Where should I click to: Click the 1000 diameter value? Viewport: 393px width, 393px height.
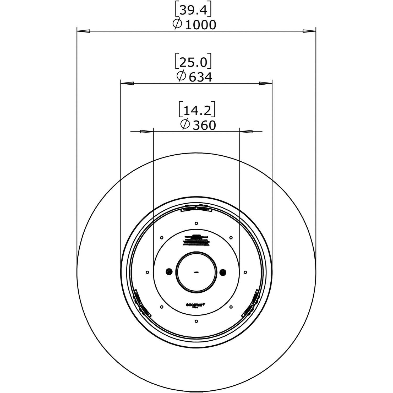pyautogui.click(x=200, y=25)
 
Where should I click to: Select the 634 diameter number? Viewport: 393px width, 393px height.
pyautogui.click(x=200, y=77)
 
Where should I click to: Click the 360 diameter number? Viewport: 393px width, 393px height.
pyautogui.click(x=204, y=125)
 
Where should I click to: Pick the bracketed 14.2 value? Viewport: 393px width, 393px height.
pyautogui.click(x=197, y=111)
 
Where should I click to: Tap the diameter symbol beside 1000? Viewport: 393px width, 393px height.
pyautogui.click(x=177, y=24)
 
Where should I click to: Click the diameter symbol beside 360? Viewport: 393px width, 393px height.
pyautogui.click(x=185, y=125)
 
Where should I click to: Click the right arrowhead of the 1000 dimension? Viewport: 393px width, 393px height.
pyautogui.click(x=309, y=31)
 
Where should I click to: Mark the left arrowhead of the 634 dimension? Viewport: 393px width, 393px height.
pyautogui.click(x=127, y=84)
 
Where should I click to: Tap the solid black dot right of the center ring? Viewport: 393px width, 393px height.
pyautogui.click(x=223, y=272)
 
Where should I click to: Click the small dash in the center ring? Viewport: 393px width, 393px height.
pyautogui.click(x=196, y=272)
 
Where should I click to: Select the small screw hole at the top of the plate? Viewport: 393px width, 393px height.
pyautogui.click(x=196, y=223)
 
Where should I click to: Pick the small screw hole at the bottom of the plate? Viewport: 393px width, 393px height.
pyautogui.click(x=196, y=321)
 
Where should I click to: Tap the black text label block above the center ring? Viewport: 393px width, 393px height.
pyautogui.click(x=196, y=240)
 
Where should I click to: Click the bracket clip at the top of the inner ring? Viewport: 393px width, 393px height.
pyautogui.click(x=196, y=208)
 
